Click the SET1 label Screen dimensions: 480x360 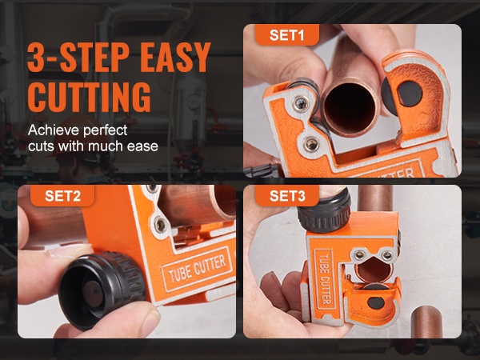(x=287, y=34)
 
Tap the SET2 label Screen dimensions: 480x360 (x=62, y=196)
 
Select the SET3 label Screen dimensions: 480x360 (x=287, y=196)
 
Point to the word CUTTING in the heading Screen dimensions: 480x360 (x=90, y=97)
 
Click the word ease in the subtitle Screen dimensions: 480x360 (x=142, y=146)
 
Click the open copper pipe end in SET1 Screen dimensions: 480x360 (x=350, y=107)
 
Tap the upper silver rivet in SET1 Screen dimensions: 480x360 (x=300, y=103)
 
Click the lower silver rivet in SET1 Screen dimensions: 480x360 (x=310, y=144)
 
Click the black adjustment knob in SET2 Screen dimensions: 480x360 (x=101, y=290)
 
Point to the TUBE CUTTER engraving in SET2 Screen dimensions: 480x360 (x=197, y=267)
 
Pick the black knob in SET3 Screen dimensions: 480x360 (x=324, y=210)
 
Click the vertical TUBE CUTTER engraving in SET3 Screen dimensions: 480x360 (x=325, y=280)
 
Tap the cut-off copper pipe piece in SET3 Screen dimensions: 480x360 (x=426, y=322)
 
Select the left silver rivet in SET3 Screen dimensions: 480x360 (x=360, y=254)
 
